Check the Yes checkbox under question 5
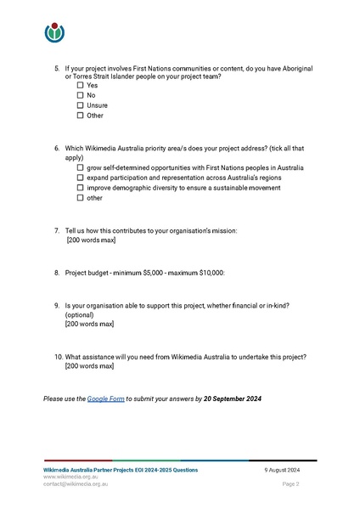81,85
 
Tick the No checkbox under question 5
81,95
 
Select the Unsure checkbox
81,105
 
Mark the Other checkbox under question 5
81,116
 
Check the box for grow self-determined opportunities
81,167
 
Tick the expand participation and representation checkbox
81,178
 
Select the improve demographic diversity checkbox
81,188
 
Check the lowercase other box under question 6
81,198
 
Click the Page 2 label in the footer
291,484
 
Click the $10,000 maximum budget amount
206,273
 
